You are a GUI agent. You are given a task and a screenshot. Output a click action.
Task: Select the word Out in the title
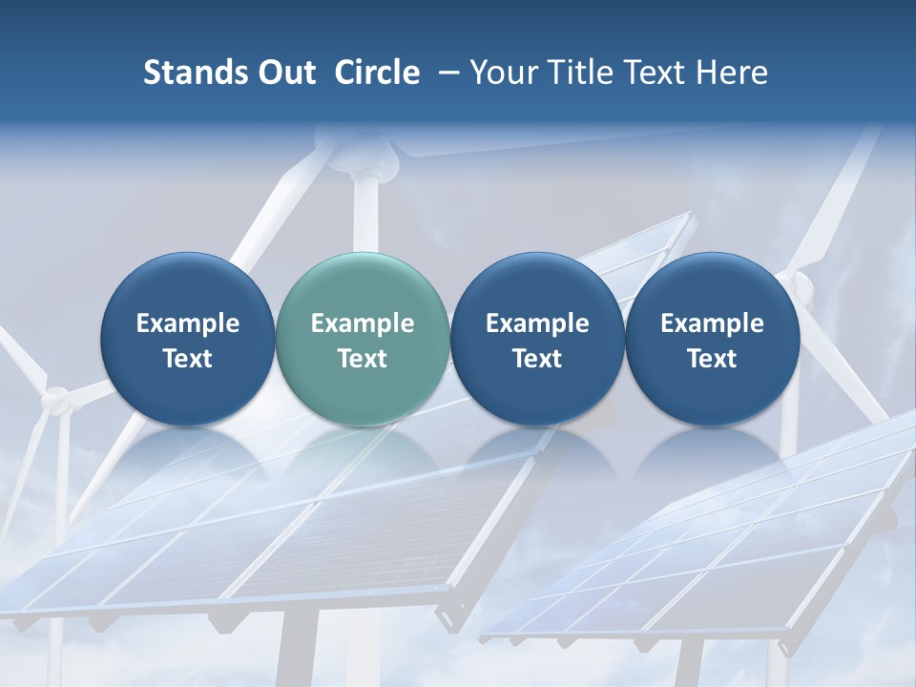coord(285,73)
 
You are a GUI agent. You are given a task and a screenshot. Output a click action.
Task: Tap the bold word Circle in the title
coord(377,73)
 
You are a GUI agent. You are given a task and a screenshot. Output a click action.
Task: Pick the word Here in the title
coord(732,73)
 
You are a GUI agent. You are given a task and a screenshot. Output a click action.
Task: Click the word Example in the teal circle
coord(363,323)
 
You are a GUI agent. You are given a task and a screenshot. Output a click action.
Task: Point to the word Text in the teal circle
coord(363,359)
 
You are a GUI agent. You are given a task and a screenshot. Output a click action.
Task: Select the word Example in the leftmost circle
coord(188,323)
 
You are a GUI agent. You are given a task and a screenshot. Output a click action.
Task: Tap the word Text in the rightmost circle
coord(712,359)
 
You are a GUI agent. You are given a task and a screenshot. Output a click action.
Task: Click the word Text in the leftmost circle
coord(188,359)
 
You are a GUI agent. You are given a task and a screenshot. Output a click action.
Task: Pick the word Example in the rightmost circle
coord(712,323)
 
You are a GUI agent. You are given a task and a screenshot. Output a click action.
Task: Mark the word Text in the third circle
coord(537,359)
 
